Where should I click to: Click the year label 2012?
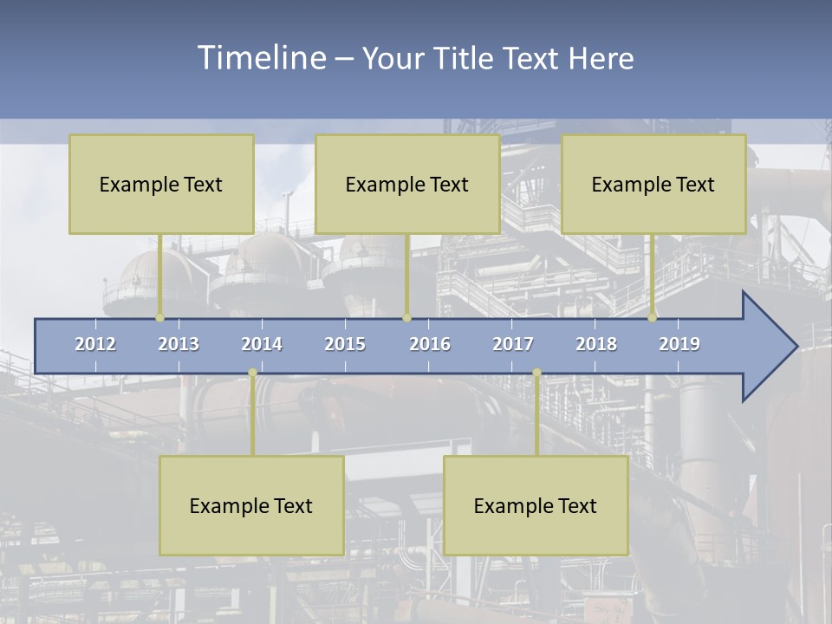[x=95, y=344]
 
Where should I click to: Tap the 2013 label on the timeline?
[x=179, y=344]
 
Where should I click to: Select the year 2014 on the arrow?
[x=262, y=344]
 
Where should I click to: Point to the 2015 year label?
[x=345, y=344]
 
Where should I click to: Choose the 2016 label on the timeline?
[x=430, y=344]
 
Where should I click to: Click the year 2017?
[x=513, y=344]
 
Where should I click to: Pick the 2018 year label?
[x=596, y=344]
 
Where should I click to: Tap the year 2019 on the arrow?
[x=679, y=344]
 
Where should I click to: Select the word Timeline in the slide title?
[x=260, y=58]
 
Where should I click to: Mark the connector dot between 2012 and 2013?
[x=159, y=317]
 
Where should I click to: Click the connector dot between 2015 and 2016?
[x=406, y=317]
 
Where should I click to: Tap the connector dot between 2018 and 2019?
[x=653, y=317]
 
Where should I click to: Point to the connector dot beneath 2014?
[x=252, y=373]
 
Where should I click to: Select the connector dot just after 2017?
[x=536, y=373]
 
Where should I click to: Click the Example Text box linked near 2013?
[x=161, y=185]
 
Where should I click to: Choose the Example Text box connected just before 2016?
[x=407, y=185]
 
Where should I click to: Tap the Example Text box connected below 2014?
[x=251, y=506]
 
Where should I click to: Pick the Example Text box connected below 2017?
[x=536, y=506]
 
